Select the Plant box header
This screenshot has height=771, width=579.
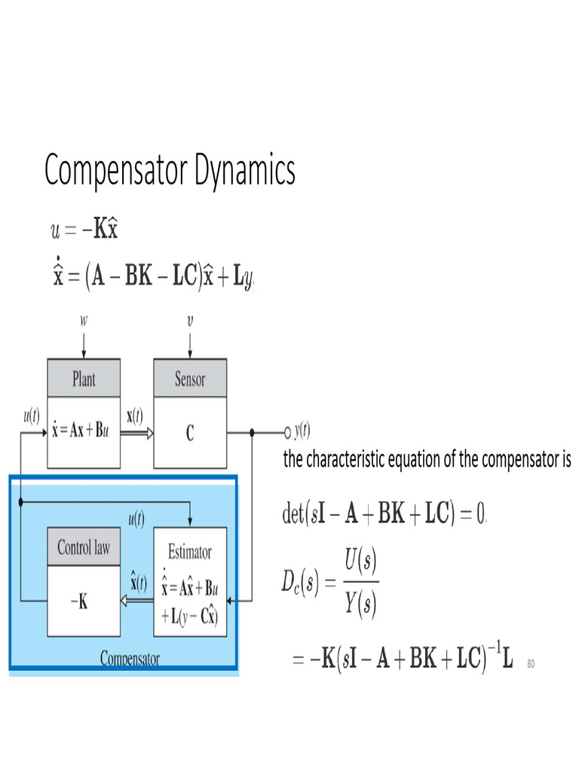84,379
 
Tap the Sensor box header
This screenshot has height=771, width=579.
190,379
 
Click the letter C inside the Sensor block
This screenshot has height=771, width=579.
190,433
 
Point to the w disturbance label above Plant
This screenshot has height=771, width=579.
84,321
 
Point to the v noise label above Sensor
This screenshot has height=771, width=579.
190,321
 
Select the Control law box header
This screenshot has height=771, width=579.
84,547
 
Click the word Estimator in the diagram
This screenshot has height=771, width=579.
189,552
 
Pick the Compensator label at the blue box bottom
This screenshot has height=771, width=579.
130,659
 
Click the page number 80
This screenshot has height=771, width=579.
531,663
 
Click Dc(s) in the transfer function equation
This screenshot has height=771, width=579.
296,582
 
